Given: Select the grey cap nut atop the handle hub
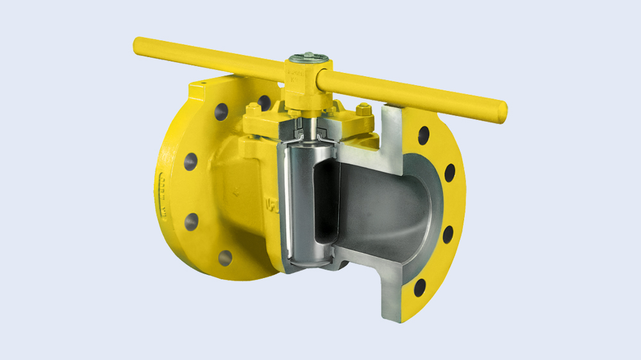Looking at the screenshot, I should point(308,58).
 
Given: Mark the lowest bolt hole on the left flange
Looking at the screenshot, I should point(225,258).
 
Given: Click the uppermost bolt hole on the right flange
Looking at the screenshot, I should point(424,135).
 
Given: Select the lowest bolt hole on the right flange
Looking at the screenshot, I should point(420,288).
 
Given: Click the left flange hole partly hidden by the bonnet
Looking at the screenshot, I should point(264,102).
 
